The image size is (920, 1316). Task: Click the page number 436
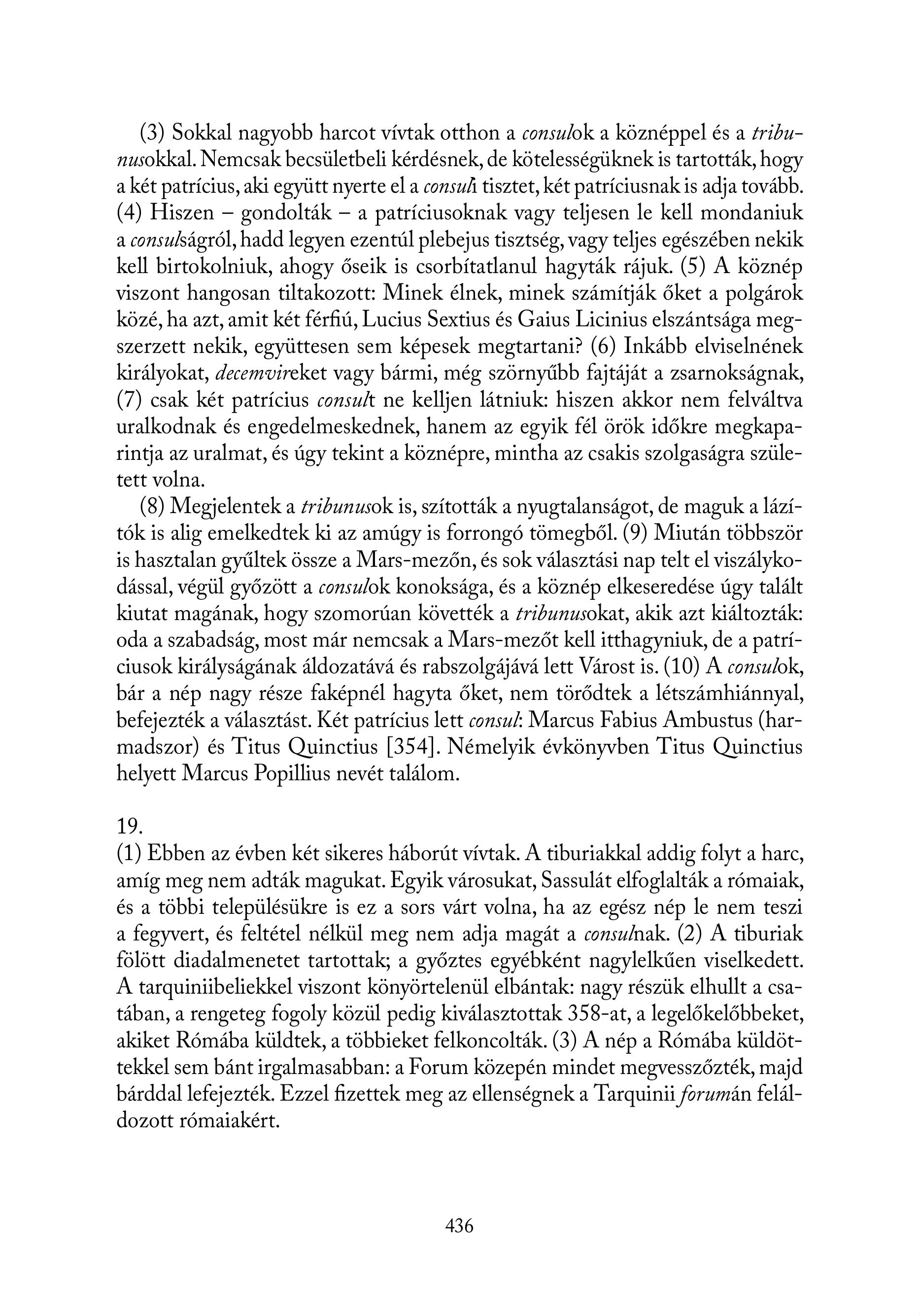[459, 1226]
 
